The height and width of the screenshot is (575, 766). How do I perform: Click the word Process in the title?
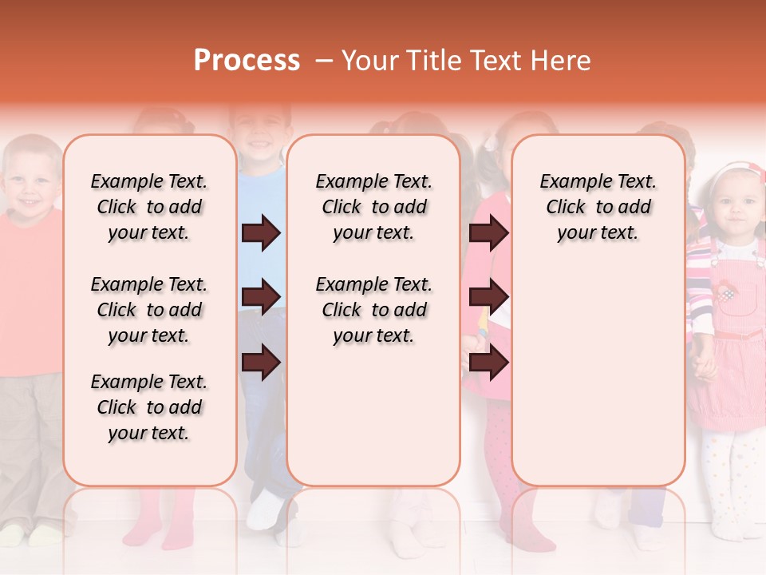247,61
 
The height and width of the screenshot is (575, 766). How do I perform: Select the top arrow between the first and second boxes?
261,233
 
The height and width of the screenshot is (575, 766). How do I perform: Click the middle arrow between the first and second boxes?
261,298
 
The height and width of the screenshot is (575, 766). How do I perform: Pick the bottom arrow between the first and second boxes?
261,363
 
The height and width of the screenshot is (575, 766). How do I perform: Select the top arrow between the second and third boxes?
488,233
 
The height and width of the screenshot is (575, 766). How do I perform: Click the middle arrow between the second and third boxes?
488,298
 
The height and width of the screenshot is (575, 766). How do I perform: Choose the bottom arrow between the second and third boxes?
488,363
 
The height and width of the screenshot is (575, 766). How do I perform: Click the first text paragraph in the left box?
149,207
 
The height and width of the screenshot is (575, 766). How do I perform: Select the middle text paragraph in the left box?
149,310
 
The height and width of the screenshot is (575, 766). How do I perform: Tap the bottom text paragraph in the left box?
149,407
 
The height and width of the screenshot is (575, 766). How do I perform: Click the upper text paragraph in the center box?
374,207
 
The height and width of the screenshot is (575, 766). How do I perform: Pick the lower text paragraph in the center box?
374,310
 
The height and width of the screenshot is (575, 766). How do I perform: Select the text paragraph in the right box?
598,207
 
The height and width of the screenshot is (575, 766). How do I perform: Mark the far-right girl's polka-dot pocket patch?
727,293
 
